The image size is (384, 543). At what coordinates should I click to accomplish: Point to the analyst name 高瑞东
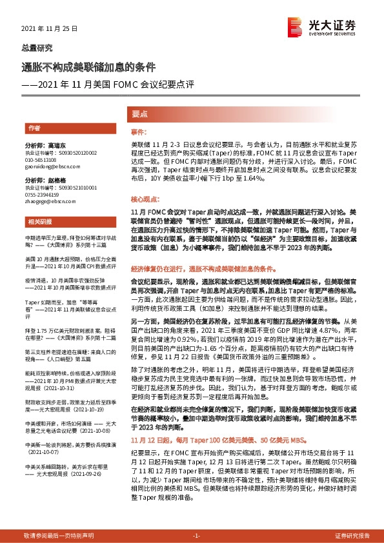57,145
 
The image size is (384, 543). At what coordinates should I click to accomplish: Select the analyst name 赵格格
57,181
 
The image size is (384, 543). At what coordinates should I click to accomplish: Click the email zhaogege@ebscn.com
47,201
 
